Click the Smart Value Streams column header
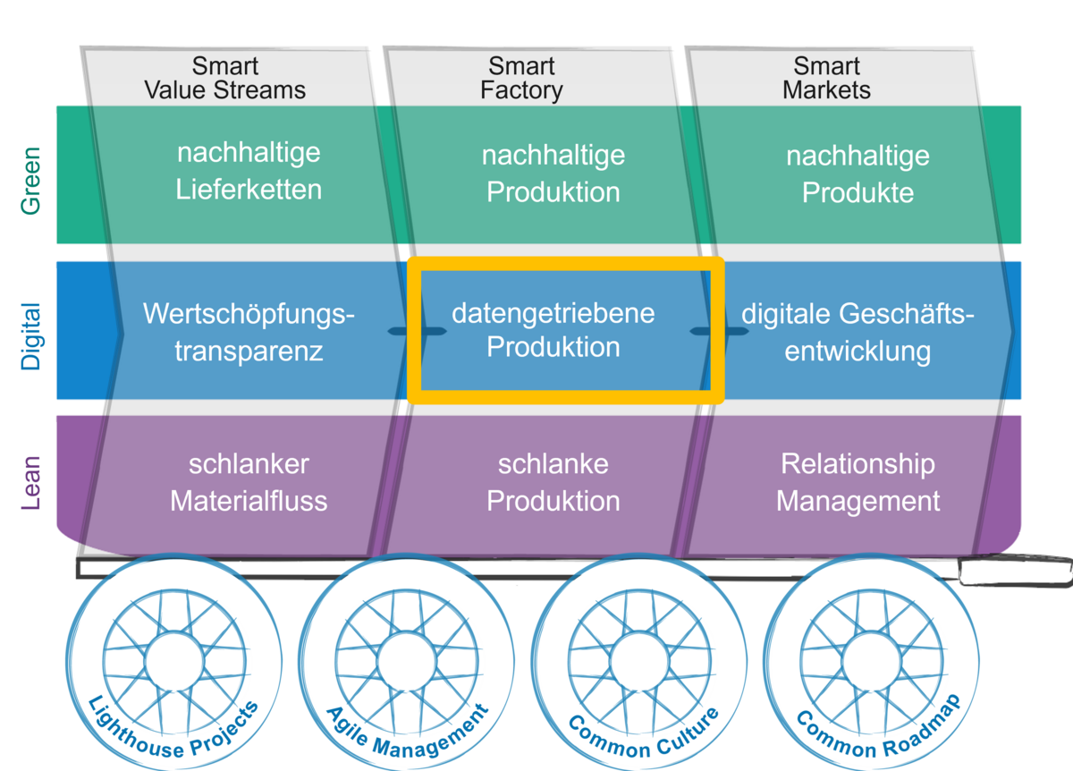225,79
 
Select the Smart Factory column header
521,79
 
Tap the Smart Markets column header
826,79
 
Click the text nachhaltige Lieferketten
249,171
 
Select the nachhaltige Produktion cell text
553,174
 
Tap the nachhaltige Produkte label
858,174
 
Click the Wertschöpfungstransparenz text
249,332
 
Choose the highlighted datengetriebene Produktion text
553,329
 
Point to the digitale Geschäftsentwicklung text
858,332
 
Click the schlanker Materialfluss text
249,482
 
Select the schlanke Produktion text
553,482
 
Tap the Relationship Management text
858,482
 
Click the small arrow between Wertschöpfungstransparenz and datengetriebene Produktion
405,332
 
